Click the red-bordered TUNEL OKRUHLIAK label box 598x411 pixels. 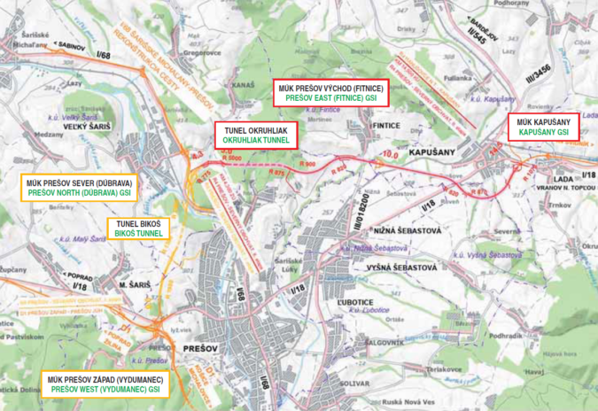256,135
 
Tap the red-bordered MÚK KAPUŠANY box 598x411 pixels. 542,127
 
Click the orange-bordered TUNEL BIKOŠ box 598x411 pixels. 138,229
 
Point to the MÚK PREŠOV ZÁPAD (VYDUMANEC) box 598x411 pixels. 105,384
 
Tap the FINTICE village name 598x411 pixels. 387,126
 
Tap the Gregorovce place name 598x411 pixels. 201,51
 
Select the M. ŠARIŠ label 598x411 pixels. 135,284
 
